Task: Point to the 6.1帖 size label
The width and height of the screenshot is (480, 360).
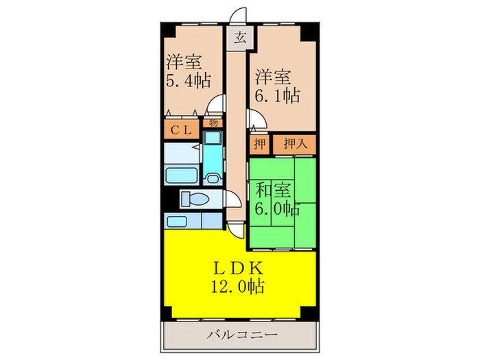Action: click(x=278, y=95)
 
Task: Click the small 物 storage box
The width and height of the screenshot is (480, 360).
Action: click(x=213, y=124)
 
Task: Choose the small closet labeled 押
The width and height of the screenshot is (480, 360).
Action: click(x=259, y=145)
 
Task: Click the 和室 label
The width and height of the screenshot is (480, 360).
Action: click(x=273, y=187)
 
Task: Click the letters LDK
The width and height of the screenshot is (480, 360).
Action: click(x=239, y=267)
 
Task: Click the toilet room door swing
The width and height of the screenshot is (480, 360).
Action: click(x=235, y=200)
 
